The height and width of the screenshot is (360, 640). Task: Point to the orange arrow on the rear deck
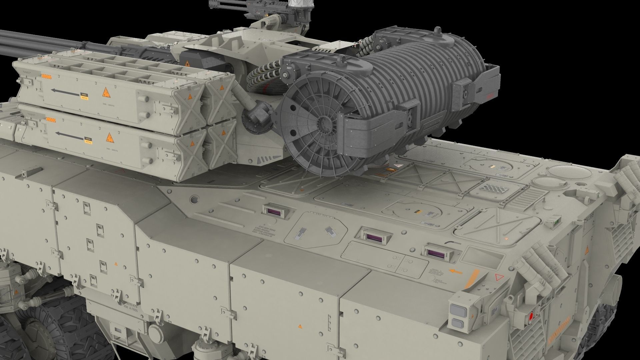tap(456, 272)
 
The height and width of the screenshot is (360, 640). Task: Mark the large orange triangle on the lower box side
tap(109, 137)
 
